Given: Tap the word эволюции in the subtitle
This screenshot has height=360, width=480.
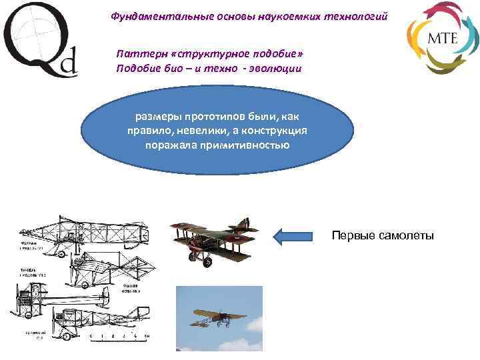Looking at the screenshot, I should click(278, 68).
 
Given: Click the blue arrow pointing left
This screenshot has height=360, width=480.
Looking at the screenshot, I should click(293, 235).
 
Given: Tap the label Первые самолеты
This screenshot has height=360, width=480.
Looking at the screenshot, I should click(383, 235).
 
